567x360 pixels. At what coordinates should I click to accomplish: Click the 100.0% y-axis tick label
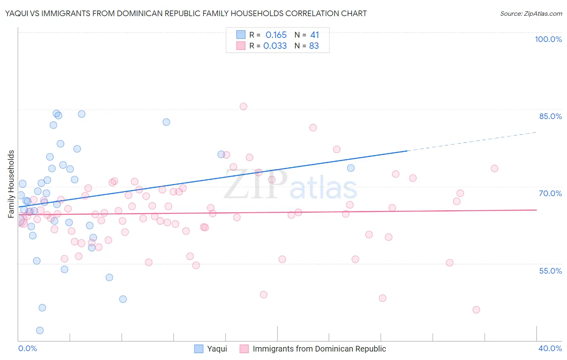[x=548, y=39]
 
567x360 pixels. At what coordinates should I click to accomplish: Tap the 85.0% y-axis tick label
[x=550, y=116]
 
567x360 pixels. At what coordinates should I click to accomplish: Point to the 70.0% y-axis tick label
[x=550, y=193]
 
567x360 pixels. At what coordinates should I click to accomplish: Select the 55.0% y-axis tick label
[x=550, y=270]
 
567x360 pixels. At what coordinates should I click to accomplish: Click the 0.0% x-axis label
[x=27, y=348]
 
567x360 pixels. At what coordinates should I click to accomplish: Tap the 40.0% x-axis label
[x=550, y=348]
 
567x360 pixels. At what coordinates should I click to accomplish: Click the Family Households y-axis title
[x=11, y=184]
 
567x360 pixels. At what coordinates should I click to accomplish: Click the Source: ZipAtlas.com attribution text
[x=531, y=13]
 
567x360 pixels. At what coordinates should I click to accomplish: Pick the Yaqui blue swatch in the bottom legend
[x=199, y=349]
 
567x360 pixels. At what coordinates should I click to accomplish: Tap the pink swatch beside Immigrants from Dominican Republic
[x=244, y=349]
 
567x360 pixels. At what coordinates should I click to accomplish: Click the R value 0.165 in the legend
[x=276, y=35]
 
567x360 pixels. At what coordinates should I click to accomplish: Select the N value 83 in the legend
[x=314, y=46]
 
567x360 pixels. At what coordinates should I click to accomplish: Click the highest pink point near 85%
[x=243, y=107]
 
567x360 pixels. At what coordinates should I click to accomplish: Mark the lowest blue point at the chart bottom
[x=40, y=331]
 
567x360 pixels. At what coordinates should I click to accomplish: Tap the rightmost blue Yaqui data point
[x=351, y=168]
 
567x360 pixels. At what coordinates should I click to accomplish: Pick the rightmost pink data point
[x=494, y=168]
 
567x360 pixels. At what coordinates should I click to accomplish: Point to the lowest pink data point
[x=476, y=310]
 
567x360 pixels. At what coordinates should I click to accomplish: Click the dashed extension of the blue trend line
[x=472, y=141]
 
